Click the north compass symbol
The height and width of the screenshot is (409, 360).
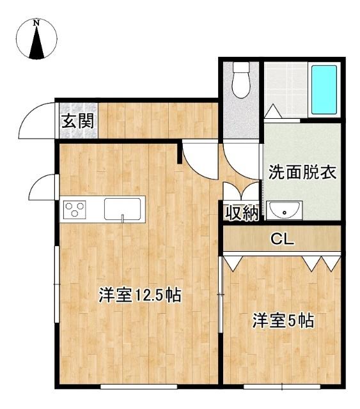pyautogui.click(x=37, y=40)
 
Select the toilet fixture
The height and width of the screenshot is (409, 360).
pyautogui.click(x=240, y=81)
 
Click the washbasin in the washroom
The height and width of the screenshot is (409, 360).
pyautogui.click(x=281, y=210)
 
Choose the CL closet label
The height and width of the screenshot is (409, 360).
pyautogui.click(x=282, y=240)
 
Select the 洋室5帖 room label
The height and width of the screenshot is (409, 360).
pyautogui.click(x=283, y=320)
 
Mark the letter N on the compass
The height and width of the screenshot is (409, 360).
pyautogui.click(x=37, y=24)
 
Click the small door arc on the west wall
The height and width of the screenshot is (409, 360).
pyautogui.click(x=43, y=187)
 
